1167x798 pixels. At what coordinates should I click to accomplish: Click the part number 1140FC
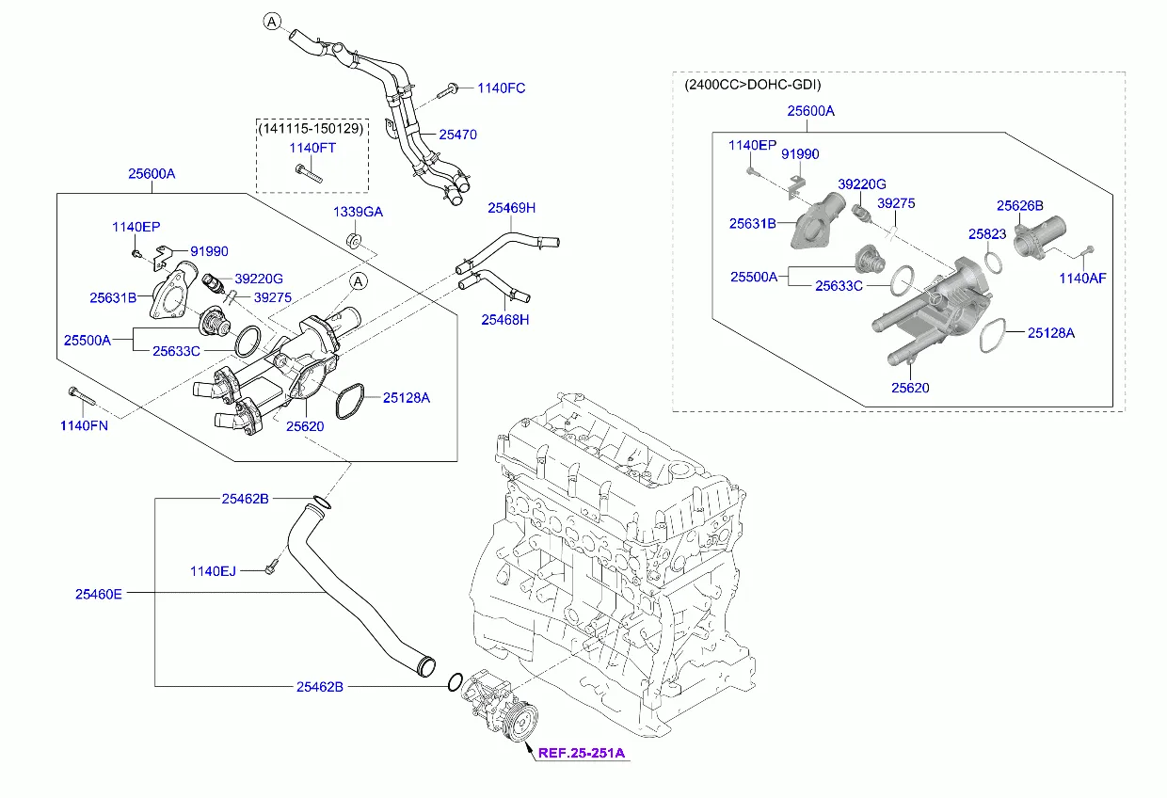(x=501, y=88)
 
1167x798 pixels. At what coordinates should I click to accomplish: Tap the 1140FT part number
(x=312, y=148)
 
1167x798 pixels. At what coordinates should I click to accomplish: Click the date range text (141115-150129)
(x=312, y=128)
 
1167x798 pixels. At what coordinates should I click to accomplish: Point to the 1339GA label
(x=358, y=213)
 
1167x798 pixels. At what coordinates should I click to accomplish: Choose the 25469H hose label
(x=511, y=208)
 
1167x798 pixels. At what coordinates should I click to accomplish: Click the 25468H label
(x=505, y=320)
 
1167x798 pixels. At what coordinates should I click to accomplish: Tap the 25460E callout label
(x=99, y=594)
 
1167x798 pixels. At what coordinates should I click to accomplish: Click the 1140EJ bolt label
(x=213, y=570)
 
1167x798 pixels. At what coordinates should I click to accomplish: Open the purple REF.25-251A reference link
(x=582, y=753)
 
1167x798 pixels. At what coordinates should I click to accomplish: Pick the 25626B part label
(x=1020, y=205)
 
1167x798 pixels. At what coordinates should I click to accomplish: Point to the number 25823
(x=987, y=233)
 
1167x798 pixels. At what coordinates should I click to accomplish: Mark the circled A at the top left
(x=271, y=22)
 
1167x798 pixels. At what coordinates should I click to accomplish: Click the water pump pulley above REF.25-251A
(x=519, y=724)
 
